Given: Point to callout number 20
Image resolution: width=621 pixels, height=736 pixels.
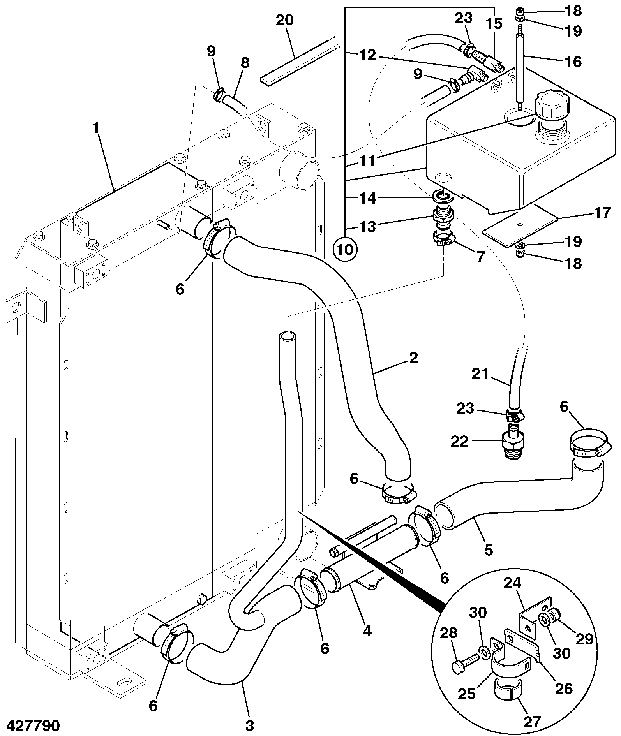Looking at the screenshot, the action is [x=285, y=20].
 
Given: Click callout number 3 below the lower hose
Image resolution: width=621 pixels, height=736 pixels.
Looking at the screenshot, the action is [x=249, y=725].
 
